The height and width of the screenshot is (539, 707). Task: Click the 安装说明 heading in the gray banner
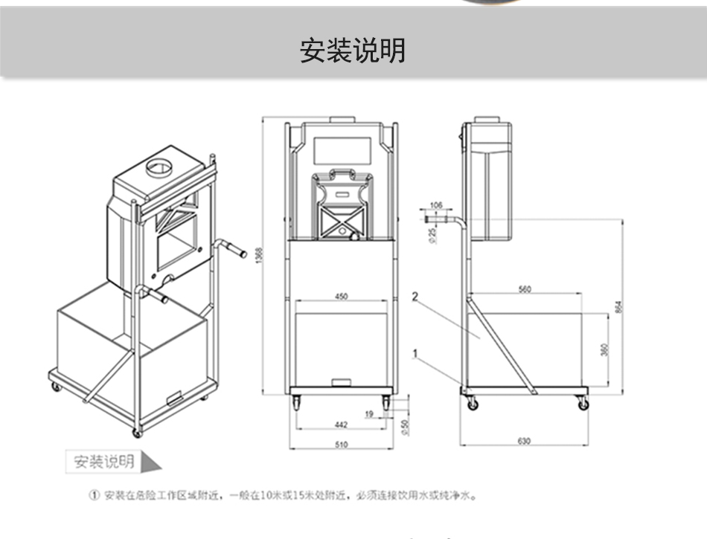(353, 51)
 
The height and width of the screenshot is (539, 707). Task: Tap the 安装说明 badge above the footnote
(104, 461)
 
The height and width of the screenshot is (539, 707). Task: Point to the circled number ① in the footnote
(95, 495)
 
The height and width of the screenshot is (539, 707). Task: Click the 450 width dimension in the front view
(341, 297)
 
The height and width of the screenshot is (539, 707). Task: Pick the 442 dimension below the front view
(341, 425)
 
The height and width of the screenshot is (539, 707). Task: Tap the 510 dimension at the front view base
(341, 445)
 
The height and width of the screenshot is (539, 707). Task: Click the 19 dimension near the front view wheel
(369, 413)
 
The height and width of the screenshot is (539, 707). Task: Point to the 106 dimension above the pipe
(436, 204)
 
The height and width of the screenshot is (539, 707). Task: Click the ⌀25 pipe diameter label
(432, 235)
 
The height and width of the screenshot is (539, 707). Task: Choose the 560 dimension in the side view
(525, 289)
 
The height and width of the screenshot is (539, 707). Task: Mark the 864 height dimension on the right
(618, 306)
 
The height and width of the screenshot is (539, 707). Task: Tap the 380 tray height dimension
(604, 349)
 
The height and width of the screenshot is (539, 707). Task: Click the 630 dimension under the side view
(524, 442)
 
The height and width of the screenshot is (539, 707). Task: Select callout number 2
(415, 296)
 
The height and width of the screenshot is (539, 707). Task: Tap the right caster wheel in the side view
(583, 404)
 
